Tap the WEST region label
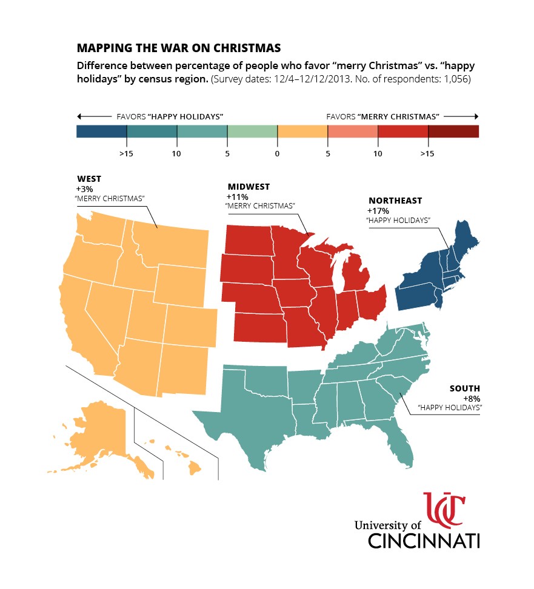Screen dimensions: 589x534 coord(89,179)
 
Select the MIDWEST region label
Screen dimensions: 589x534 coord(249,187)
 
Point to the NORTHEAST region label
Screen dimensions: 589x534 coord(395,201)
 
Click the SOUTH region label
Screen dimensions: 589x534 coord(464,388)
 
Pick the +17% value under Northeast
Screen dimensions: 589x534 coord(378,211)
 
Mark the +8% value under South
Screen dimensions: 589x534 coord(472,399)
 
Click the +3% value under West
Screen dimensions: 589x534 coord(85,189)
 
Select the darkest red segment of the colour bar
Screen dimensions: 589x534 coord(453,131)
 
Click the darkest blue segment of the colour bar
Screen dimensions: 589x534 coord(101,131)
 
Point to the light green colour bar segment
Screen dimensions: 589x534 coord(252,131)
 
